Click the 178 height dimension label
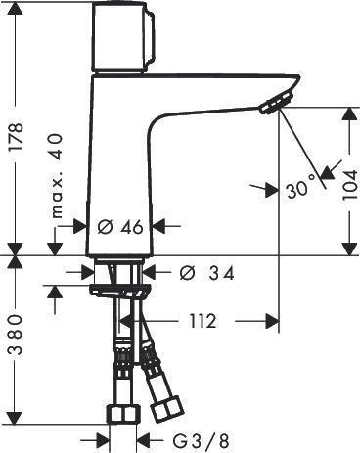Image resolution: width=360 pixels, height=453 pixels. click(x=17, y=136)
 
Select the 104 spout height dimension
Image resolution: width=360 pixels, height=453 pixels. click(x=350, y=185)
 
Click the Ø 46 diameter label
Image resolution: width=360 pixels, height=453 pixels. click(x=120, y=227)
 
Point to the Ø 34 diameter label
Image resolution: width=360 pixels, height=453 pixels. click(x=206, y=273)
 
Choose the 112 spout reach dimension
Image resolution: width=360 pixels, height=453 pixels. click(x=202, y=322)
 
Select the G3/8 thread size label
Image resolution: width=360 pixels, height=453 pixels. click(x=201, y=441)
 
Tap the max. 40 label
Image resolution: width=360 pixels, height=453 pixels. click(x=56, y=176)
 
